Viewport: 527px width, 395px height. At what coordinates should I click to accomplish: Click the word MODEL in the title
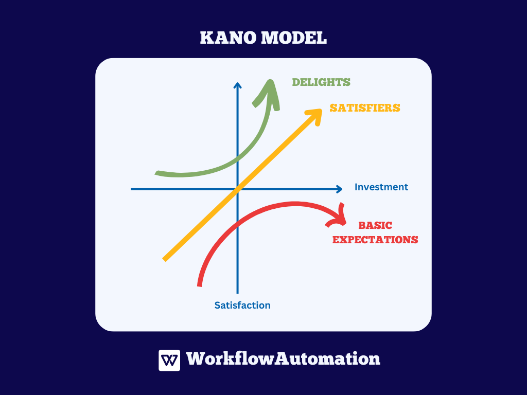point(294,38)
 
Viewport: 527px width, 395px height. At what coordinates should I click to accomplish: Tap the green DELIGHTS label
point(321,82)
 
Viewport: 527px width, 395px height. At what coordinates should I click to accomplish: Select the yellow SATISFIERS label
point(365,108)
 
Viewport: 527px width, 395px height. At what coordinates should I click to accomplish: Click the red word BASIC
point(375,225)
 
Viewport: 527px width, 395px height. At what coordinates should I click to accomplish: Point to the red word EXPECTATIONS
point(375,240)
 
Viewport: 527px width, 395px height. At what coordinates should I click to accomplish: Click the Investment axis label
point(381,187)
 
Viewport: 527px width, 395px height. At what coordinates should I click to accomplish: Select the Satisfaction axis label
point(242,306)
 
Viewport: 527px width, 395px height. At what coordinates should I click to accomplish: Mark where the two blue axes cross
point(238,189)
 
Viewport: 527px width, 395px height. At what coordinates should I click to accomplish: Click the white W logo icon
point(169,361)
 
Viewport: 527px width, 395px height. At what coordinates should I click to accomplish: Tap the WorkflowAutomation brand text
point(283,358)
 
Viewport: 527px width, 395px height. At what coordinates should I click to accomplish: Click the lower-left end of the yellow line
point(164,260)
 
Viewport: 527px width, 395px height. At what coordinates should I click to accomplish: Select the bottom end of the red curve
point(199,286)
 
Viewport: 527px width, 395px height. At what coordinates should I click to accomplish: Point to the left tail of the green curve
point(156,173)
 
